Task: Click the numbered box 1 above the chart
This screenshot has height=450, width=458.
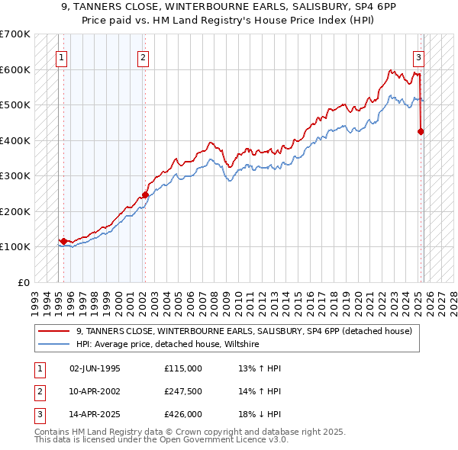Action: pos(60,56)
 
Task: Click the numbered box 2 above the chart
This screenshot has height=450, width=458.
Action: pos(144,56)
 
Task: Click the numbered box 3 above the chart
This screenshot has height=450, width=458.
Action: pos(418,56)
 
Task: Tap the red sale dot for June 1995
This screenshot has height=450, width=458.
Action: pos(63,242)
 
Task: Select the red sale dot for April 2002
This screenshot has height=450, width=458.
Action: pos(145,194)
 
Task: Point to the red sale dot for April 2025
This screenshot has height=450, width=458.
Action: pos(421,131)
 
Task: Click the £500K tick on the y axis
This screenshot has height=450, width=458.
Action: pos(15,104)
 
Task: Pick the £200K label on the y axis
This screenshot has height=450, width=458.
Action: pos(15,211)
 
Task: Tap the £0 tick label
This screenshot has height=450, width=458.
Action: pos(23,282)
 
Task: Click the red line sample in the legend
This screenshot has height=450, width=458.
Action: pos(53,331)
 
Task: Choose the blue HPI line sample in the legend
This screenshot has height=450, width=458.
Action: pos(53,345)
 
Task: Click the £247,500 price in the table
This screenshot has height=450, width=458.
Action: pos(183,391)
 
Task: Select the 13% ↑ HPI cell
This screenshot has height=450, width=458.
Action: pos(260,368)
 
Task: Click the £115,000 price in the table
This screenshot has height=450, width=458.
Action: pos(183,368)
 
